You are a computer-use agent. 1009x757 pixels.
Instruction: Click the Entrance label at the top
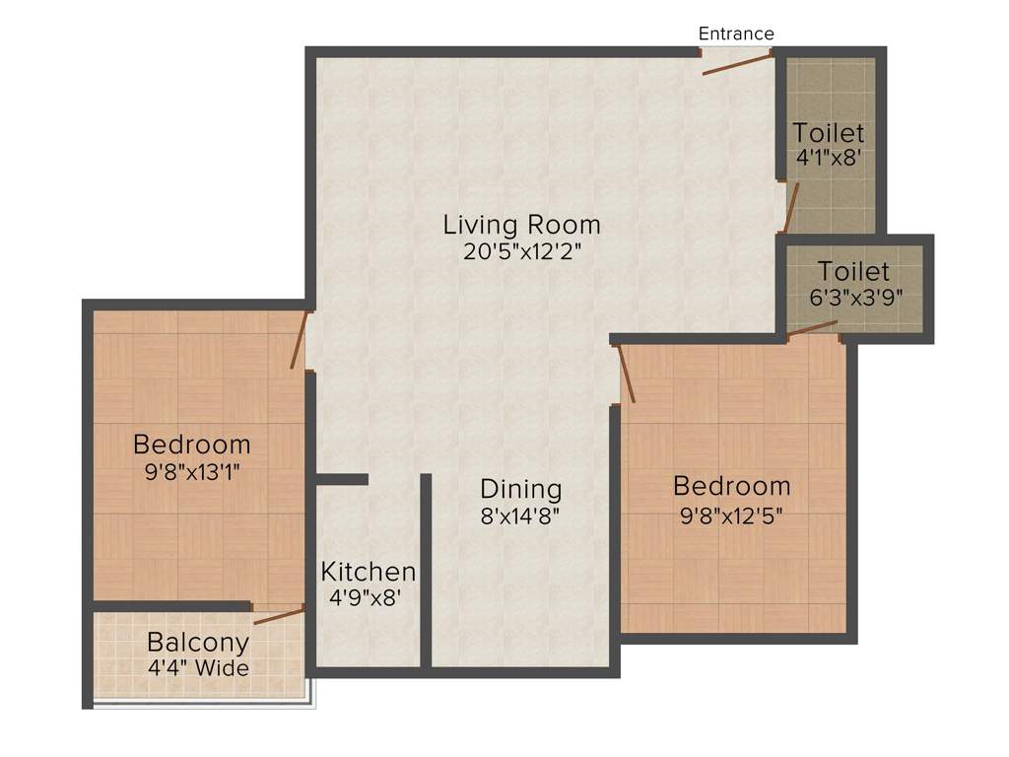736,34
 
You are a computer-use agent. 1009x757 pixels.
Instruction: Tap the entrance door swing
736,63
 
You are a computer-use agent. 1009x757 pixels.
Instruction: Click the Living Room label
521,225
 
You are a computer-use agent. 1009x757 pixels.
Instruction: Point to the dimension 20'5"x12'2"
521,250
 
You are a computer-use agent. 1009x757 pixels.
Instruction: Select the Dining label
521,489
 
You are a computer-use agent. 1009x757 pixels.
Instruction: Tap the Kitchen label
369,572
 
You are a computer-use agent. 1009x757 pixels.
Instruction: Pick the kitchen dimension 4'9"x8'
367,596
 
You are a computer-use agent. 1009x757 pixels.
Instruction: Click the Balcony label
198,643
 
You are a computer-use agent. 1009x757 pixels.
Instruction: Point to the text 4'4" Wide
198,668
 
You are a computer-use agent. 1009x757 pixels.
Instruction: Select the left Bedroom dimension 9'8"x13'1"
192,471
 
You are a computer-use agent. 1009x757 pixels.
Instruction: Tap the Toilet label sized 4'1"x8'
829,132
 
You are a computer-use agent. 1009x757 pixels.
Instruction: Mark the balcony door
279,616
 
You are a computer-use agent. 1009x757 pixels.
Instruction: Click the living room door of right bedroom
625,375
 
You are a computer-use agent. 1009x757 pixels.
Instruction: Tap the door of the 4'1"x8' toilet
790,206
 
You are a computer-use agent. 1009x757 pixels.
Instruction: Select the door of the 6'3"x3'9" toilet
813,328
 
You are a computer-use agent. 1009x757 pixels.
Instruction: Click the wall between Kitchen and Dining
427,572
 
